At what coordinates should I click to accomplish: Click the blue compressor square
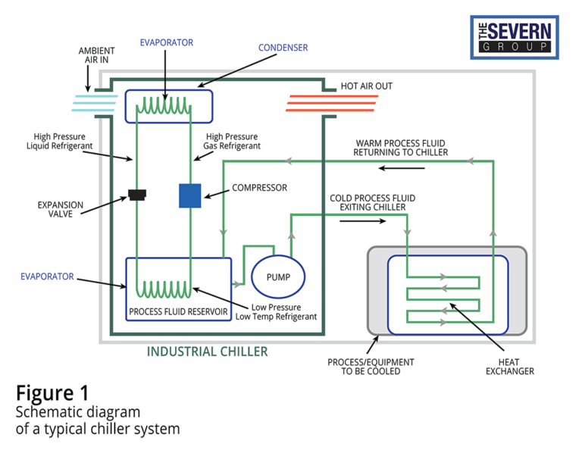click(x=189, y=195)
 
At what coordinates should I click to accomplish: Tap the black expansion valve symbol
click(x=137, y=195)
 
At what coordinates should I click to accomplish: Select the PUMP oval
click(x=277, y=277)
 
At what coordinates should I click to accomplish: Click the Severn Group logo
click(x=515, y=36)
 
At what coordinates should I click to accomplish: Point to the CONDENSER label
click(x=283, y=48)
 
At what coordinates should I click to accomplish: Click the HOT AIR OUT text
click(x=367, y=86)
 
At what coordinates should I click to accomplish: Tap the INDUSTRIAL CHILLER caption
click(x=207, y=352)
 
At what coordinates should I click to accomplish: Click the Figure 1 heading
click(x=52, y=393)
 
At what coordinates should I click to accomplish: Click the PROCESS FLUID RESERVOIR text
click(x=178, y=311)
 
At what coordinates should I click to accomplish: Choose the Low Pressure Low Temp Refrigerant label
click(x=283, y=311)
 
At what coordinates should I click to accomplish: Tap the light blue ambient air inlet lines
click(x=96, y=104)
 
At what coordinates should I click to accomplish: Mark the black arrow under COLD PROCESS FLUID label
click(x=361, y=222)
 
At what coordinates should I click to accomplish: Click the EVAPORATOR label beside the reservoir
click(x=47, y=277)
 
